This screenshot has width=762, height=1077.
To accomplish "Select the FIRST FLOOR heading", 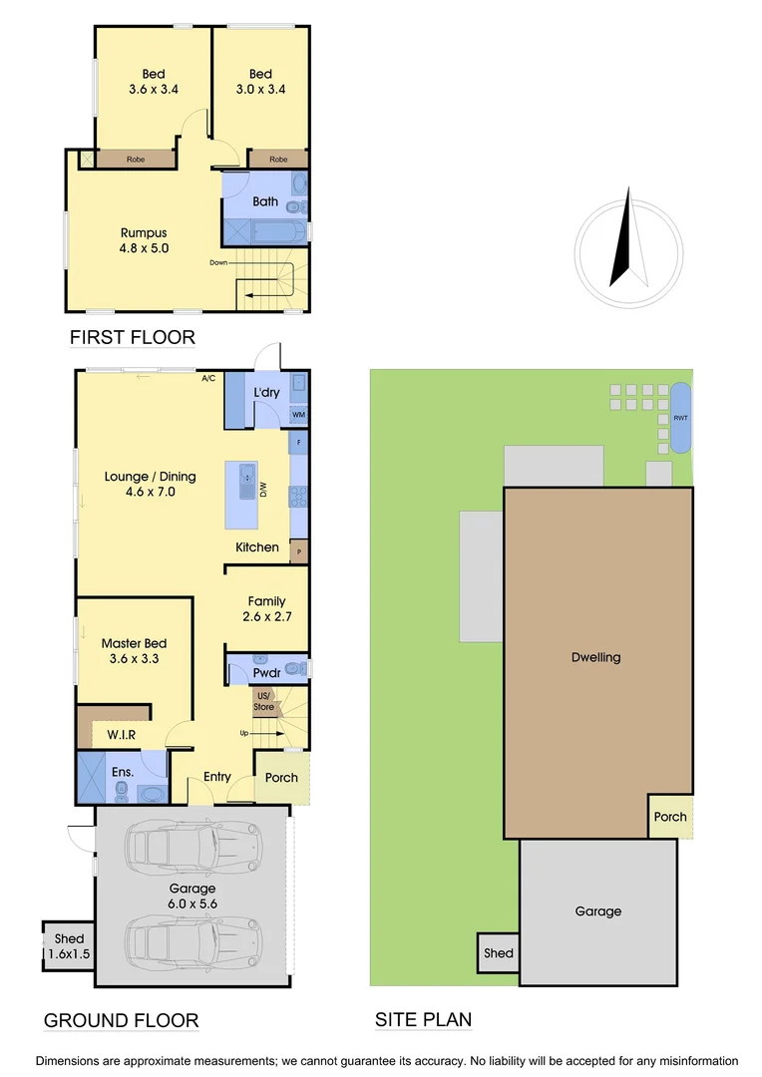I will point(132,337).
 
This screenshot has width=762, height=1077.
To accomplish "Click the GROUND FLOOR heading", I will point(121,1020).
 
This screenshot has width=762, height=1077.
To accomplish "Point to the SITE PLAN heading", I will point(423,1020).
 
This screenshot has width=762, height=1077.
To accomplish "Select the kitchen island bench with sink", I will point(242,495).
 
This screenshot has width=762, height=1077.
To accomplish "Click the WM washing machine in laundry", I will point(298,415).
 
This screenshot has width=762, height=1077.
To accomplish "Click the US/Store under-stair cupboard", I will point(264,702).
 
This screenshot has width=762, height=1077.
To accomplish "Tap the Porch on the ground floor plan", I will point(281,777).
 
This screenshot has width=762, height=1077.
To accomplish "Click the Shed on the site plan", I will point(499,953).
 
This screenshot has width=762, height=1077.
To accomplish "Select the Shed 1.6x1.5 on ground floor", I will point(69,945).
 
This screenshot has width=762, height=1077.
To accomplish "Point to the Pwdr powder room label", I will point(265,673).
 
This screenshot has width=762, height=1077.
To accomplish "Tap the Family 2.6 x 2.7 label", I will point(266,609).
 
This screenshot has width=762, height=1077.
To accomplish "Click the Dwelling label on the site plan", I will point(596,657).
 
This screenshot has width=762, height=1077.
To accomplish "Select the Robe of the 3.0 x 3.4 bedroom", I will point(278,160).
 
